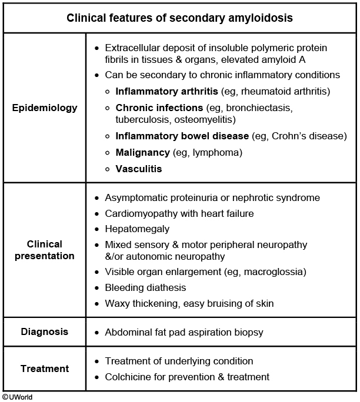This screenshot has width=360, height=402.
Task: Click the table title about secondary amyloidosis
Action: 179,18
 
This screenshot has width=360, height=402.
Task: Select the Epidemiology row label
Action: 44,108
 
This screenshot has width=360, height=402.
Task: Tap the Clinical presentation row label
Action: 44,250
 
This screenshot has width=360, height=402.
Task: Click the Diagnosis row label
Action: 44,332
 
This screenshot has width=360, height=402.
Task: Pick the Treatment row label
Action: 44,369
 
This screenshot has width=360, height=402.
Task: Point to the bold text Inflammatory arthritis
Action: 167,91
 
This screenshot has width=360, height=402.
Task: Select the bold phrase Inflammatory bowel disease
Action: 182,136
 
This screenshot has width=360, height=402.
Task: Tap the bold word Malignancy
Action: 143,153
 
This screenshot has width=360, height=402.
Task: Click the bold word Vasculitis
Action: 139,169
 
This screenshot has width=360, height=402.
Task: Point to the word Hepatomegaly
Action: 137,229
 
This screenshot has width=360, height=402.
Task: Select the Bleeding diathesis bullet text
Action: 145,288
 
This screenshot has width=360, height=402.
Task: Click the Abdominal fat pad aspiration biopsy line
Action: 184,333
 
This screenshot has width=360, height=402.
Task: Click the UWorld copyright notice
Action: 17,397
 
